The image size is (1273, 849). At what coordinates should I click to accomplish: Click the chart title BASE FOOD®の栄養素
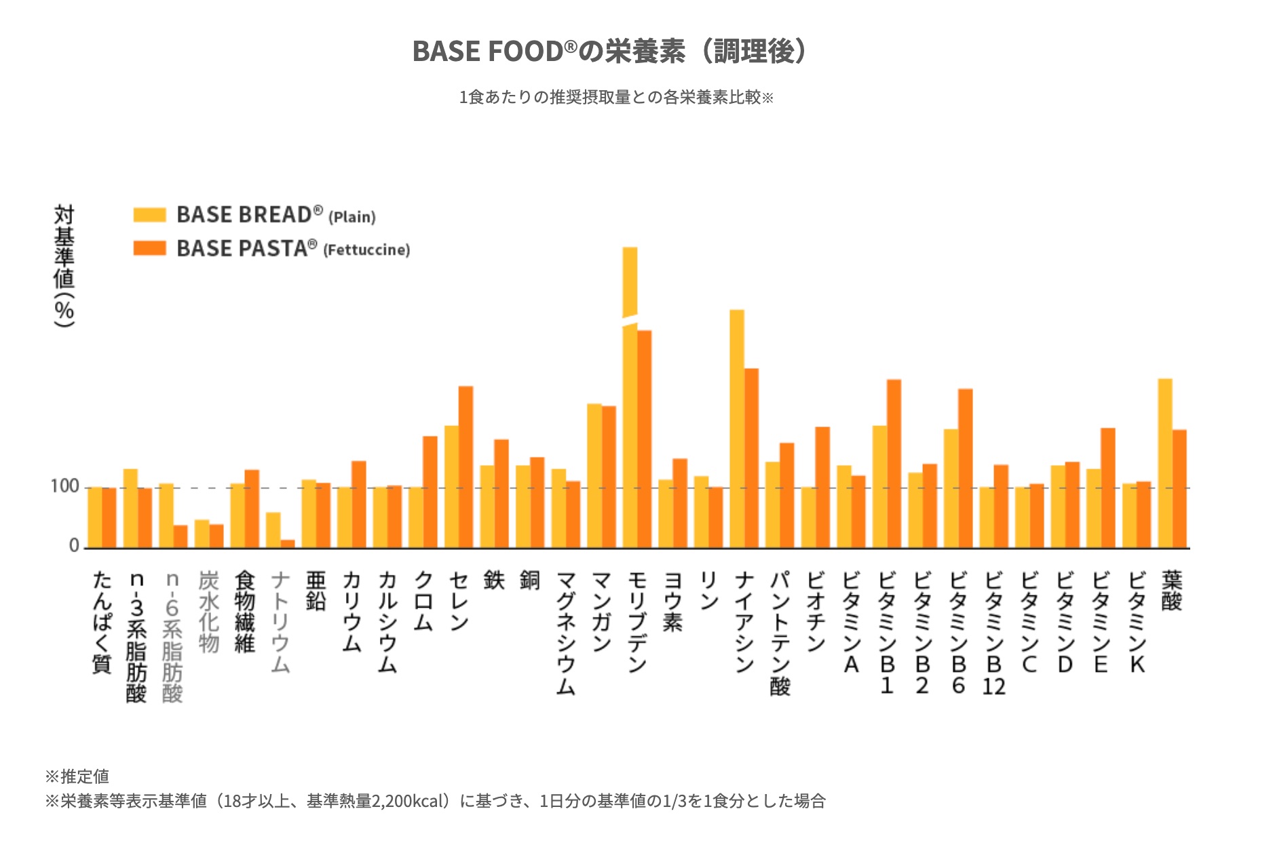click(x=609, y=52)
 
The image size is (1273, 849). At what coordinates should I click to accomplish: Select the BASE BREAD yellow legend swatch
click(x=149, y=215)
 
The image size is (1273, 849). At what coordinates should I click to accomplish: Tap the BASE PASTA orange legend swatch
click(x=149, y=248)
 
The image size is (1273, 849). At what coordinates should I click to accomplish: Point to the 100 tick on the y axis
click(x=64, y=486)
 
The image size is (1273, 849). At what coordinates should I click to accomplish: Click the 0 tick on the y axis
click(x=74, y=546)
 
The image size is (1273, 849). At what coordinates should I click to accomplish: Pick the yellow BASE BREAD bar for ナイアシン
click(x=737, y=427)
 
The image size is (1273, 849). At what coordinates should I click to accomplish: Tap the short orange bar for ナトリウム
click(x=288, y=543)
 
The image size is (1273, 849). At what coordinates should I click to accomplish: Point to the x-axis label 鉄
click(x=494, y=580)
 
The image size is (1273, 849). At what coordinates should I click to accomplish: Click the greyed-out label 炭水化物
click(x=208, y=611)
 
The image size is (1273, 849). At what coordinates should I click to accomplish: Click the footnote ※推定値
click(x=77, y=776)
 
